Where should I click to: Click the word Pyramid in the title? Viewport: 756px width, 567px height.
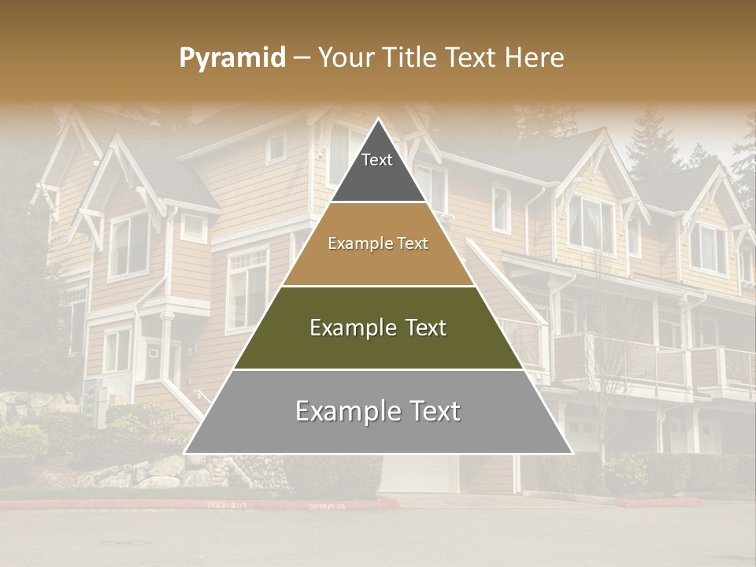tap(232, 58)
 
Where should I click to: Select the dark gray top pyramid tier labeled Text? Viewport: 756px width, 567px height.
tap(378, 169)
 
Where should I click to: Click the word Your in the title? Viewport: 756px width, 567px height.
tap(347, 58)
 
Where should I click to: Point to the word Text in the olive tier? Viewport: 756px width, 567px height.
tap(421, 328)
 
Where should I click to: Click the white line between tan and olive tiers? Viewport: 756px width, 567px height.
tap(378, 286)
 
